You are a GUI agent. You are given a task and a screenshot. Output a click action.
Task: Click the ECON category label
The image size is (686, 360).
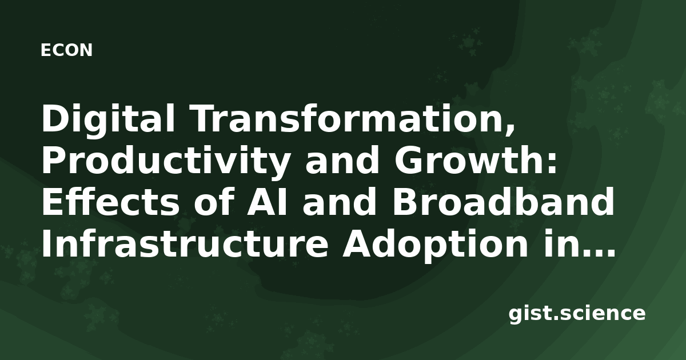pyautogui.click(x=66, y=50)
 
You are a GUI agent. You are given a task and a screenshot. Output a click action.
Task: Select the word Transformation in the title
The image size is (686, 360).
pyautogui.click(x=348, y=118)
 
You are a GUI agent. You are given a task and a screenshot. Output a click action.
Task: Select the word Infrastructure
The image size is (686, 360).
pyautogui.click(x=185, y=243)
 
